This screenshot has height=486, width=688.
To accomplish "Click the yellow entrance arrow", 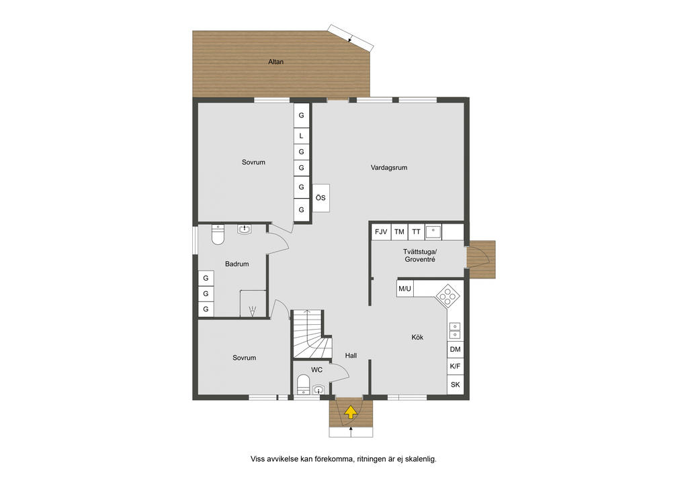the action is tap(350, 412).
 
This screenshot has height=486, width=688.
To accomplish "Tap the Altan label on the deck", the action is tap(276, 62).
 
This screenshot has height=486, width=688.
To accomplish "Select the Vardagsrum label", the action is tap(389, 167).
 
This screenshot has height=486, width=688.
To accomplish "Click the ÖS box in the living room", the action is tap(320, 198).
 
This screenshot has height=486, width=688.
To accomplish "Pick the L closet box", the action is tap(302, 136).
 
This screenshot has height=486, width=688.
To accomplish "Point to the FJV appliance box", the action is tap(381, 232).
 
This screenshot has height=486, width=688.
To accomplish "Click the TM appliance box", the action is tap(399, 232).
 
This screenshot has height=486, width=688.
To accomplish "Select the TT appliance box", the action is tap(416, 232).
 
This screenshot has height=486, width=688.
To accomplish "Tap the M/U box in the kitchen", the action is tap(404, 289).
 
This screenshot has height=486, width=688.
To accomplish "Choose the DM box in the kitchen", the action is tap(456, 349).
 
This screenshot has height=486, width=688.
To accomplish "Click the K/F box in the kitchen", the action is tap(456, 367).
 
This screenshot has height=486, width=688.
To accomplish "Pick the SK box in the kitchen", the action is tap(456, 385).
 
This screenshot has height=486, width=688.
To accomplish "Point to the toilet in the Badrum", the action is tap(218, 234).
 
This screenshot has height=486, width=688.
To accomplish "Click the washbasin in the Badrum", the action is tap(245, 229).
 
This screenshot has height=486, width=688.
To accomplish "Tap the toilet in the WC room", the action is tap(303, 385).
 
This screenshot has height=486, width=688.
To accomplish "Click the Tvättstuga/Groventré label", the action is tap(420, 256).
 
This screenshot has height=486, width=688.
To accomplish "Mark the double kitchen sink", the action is tap(455, 331).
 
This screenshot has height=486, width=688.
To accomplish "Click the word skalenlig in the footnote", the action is tap(421, 459).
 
